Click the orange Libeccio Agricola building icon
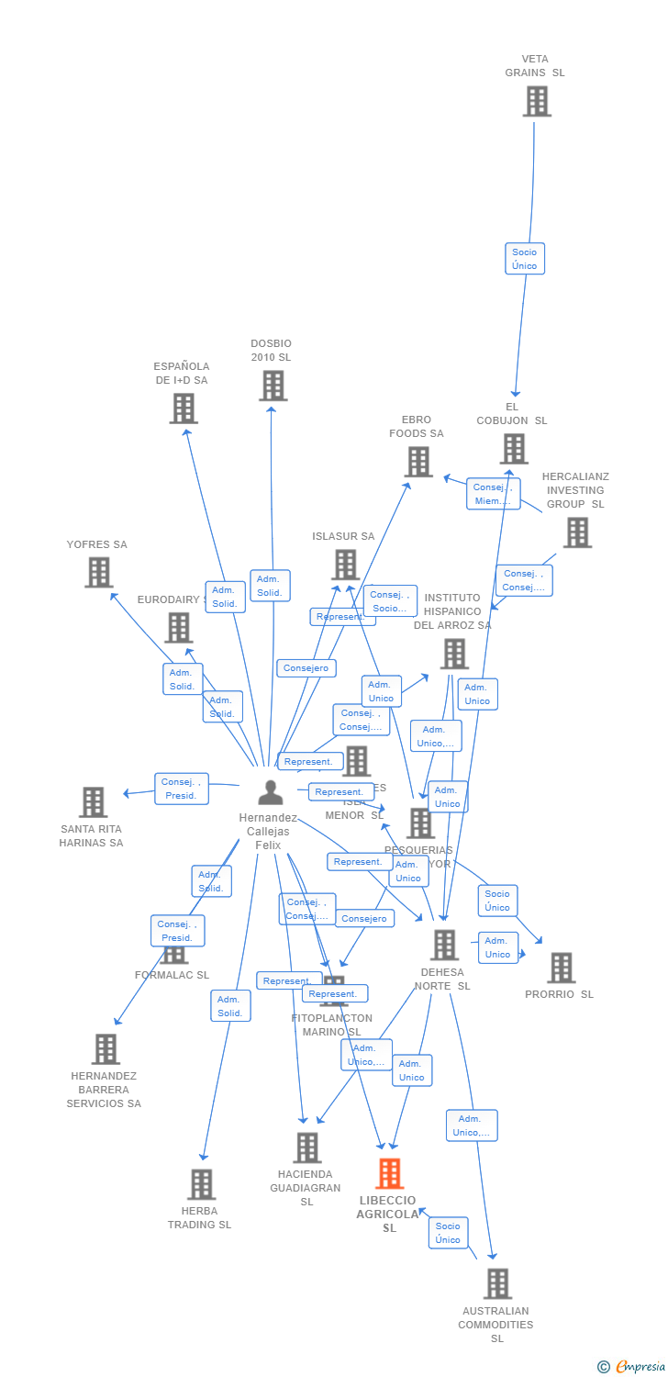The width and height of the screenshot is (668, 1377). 390,1173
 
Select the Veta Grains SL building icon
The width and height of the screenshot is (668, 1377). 537,101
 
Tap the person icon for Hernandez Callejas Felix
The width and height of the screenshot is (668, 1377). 270,791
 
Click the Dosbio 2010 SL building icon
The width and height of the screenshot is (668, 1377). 273,386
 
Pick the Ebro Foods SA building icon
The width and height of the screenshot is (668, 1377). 418,462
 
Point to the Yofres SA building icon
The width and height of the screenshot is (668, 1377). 98,572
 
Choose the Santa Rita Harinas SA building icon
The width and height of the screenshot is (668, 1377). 93,801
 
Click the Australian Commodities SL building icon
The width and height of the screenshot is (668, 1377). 497,1283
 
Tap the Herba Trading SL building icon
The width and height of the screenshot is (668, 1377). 201,1184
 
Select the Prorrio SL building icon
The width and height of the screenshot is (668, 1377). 561,967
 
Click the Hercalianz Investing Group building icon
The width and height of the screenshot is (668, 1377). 577,532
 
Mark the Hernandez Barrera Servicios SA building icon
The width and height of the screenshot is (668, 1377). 106,1048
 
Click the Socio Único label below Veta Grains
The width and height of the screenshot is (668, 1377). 525,259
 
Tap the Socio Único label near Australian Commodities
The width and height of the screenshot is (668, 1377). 448,1233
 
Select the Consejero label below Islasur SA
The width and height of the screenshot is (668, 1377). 306,668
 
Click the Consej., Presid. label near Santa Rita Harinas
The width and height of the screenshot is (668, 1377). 182,789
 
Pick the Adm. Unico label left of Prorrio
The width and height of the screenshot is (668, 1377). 498,947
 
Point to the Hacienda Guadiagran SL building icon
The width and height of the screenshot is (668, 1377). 307,1147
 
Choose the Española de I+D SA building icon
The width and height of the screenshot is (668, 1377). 184,409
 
